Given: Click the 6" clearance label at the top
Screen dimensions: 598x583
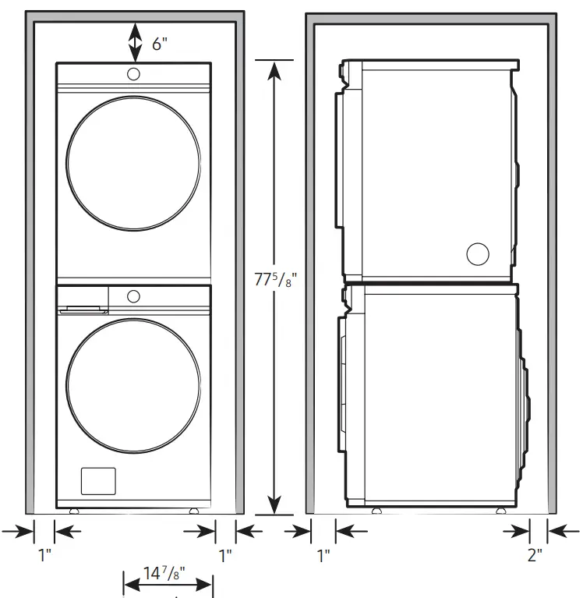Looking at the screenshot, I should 160,44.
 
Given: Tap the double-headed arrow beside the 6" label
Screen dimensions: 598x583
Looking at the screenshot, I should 135,42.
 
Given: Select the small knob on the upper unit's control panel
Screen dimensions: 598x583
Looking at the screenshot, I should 133,74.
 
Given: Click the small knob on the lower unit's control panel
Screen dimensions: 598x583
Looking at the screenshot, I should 133,296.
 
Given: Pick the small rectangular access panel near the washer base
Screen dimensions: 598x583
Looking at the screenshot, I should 97,480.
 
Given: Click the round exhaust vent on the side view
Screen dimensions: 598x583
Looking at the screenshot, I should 477,253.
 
